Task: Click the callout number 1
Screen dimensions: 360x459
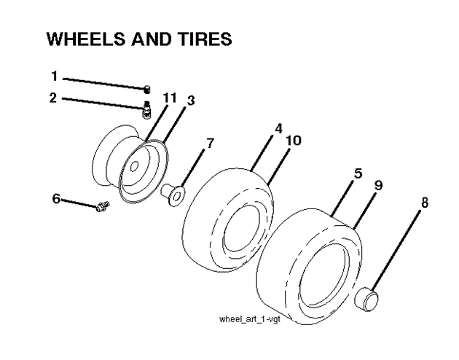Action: pyautogui.click(x=53, y=76)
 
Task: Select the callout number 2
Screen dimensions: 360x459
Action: pyautogui.click(x=53, y=97)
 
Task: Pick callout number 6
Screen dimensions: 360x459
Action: pyautogui.click(x=55, y=197)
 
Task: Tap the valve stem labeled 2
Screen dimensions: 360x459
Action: pyautogui.click(x=145, y=111)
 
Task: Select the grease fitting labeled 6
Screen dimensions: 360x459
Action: pyautogui.click(x=102, y=206)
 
